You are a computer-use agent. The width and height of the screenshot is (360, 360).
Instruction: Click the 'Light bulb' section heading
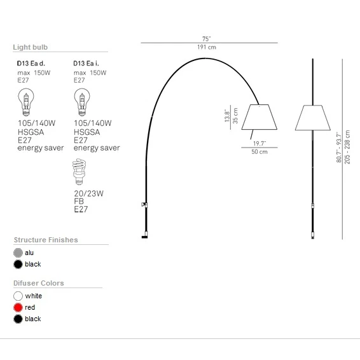[31, 47]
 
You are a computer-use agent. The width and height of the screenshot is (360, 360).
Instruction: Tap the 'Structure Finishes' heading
[46, 240]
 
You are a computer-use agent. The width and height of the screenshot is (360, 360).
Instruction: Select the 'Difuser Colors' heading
[39, 283]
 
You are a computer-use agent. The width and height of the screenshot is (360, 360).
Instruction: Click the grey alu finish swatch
[18, 253]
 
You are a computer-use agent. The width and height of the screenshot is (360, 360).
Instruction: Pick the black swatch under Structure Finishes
[18, 264]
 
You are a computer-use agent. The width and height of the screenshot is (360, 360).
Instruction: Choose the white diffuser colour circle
[18, 296]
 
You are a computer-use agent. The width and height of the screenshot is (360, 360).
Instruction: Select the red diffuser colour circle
[18, 307]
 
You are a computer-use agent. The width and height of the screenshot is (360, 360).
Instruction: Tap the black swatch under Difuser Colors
[18, 319]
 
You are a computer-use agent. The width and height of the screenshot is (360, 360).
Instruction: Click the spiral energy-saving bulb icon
[81, 170]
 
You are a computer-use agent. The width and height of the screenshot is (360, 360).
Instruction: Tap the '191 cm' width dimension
[207, 48]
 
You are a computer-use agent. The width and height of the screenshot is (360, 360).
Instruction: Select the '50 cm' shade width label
[259, 152]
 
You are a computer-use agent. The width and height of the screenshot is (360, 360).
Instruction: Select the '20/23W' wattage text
[88, 193]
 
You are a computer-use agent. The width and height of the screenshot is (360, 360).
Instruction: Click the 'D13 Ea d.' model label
[31, 64]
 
